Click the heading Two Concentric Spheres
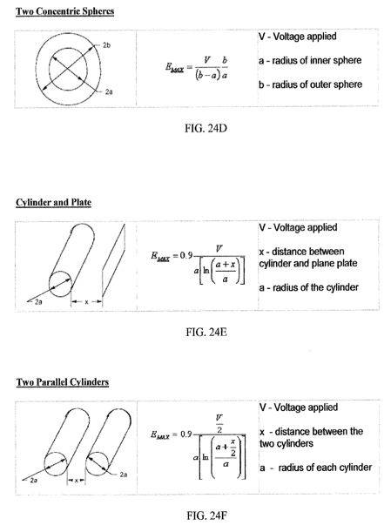(64, 11)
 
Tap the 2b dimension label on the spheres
(106, 45)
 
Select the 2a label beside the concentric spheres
(109, 91)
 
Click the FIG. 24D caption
(206, 128)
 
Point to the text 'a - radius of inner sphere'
(310, 60)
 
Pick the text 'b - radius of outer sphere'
(310, 84)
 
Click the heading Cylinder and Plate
(54, 202)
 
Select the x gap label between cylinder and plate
(86, 301)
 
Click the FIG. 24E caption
(206, 332)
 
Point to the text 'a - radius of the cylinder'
(308, 287)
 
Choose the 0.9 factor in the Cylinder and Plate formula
(186, 255)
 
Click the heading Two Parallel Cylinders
(63, 382)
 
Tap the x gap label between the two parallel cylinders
(77, 480)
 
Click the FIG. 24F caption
(206, 515)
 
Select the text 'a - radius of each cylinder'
(315, 468)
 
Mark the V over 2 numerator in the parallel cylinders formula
(219, 423)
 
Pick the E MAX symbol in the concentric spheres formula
(174, 68)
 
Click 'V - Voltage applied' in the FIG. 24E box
(298, 227)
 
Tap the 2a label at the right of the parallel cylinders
(124, 475)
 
